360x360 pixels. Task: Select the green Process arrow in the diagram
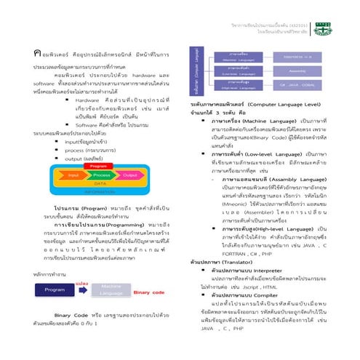pyautogui.click(x=103, y=155)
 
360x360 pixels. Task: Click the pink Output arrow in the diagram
pyautogui.click(x=129, y=155)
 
